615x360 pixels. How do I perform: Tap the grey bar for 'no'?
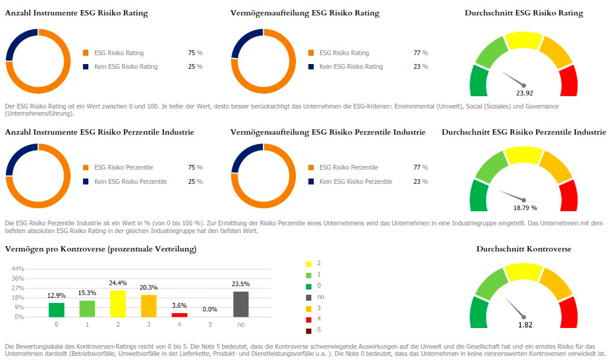click(240, 304)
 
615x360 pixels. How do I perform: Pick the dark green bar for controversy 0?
click(56, 310)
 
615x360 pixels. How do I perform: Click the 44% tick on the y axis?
click(18, 269)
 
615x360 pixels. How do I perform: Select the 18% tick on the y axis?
click(18, 298)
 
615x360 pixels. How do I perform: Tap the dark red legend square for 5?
click(308, 330)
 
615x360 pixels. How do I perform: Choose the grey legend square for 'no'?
click(308, 297)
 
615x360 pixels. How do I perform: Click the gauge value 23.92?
click(524, 93)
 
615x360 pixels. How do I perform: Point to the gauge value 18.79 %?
click(525, 208)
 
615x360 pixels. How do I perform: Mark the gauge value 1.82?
click(524, 325)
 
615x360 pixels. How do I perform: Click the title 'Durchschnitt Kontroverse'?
click(524, 249)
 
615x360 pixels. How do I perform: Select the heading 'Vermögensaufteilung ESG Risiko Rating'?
click(305, 13)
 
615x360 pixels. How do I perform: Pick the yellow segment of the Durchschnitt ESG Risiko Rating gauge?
click(524, 41)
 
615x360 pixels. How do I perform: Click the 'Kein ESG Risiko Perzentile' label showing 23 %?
click(355, 181)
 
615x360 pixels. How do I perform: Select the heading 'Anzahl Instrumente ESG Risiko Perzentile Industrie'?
click(100, 132)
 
